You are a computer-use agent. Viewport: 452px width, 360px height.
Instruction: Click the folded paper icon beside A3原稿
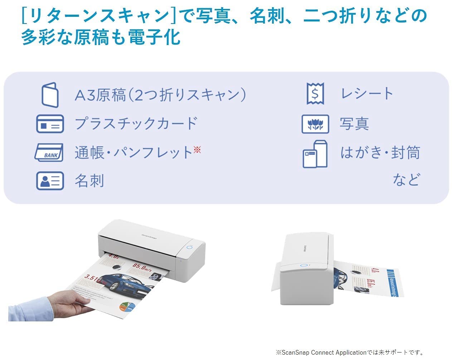tap(50, 95)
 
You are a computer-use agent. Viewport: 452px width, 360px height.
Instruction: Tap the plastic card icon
tap(50, 124)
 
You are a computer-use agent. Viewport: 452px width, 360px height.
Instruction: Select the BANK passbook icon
tap(49, 153)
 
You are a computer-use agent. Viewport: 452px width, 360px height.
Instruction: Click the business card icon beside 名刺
tap(50, 181)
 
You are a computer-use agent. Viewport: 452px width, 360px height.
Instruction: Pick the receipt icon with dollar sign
tap(315, 93)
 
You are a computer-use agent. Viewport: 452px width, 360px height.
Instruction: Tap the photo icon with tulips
tap(315, 124)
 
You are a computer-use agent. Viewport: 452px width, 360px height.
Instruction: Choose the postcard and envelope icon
tap(315, 154)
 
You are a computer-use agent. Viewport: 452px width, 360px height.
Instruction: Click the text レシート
tap(367, 94)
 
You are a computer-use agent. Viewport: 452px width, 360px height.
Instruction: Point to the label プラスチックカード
tap(136, 123)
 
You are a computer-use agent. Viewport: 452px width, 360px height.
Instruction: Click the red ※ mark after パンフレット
tap(197, 149)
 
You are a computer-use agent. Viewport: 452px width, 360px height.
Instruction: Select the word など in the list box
tap(406, 179)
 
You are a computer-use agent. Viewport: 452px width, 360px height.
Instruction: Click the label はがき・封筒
tap(380, 153)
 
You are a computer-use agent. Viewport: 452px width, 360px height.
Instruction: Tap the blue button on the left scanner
tap(189, 247)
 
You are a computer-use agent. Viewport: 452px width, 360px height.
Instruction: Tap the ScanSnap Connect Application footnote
tap(350, 352)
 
